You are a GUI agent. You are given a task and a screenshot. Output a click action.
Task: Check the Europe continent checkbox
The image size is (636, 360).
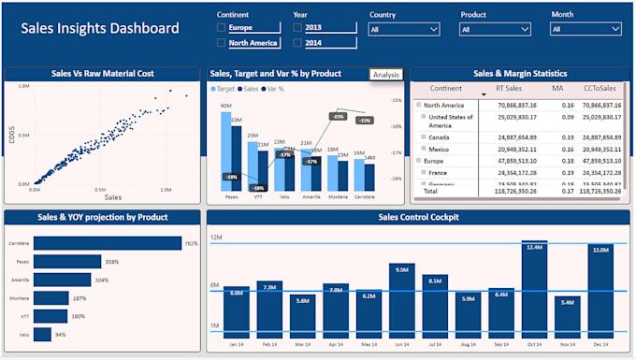point(222,28)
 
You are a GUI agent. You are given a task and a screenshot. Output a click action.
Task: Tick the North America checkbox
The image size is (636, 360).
point(222,43)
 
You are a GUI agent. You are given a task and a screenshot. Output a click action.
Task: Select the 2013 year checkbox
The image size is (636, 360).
point(297,28)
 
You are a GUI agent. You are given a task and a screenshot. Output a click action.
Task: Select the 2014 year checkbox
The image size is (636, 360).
point(297,43)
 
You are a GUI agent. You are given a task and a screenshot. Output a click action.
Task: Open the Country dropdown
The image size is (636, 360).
point(404,30)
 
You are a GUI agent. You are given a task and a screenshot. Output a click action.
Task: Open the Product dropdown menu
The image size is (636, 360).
point(495,30)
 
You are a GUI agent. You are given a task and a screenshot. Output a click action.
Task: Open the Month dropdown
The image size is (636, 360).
point(586,30)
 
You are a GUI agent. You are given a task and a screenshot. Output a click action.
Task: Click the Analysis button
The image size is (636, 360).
point(385,75)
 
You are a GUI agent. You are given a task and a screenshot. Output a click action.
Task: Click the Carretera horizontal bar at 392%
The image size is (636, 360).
point(108,243)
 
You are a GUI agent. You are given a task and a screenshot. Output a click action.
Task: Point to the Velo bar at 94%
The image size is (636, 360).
point(43,334)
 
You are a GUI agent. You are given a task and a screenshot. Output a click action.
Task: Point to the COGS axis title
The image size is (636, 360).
point(12,137)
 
